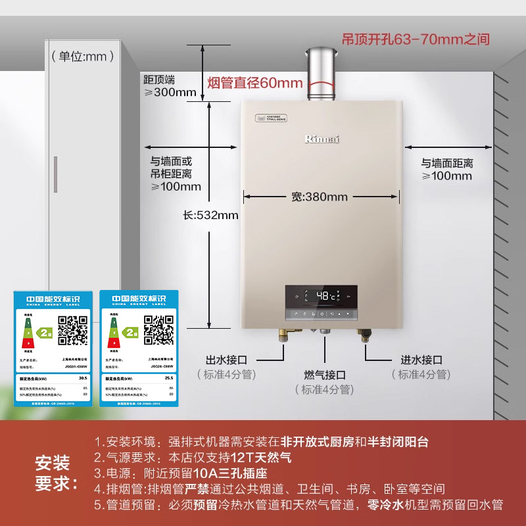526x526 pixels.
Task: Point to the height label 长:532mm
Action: pos(211,215)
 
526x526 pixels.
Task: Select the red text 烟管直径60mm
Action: pos(255,83)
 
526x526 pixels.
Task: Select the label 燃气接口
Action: pos(325,375)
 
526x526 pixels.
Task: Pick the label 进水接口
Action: pos(421,360)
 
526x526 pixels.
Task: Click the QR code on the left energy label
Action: pos(73,330)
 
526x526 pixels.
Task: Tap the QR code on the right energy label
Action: pos(158,330)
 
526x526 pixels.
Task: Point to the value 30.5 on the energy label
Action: pos(82,379)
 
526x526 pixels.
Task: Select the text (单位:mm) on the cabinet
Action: pos(79,57)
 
